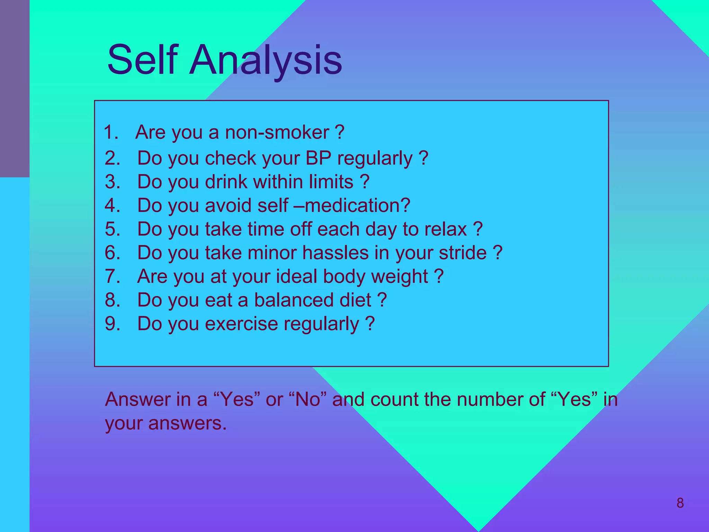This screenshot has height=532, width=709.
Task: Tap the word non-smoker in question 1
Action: point(277,133)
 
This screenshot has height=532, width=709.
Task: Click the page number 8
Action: point(680,503)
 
